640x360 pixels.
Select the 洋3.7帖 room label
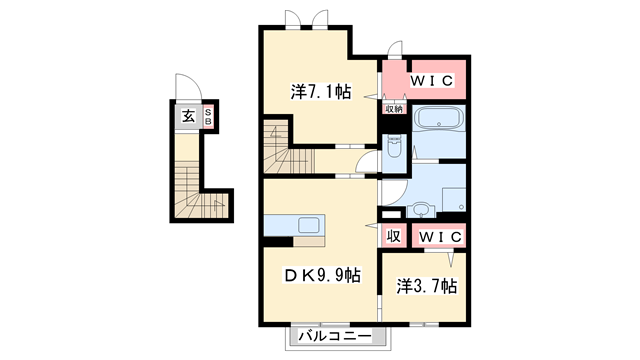coord(425,286)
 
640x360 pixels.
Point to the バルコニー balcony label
coord(335,336)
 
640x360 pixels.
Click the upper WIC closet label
coord(432,79)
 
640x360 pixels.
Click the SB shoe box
coord(207,116)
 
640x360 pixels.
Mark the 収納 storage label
coord(393,110)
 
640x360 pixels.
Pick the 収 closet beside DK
coord(394,236)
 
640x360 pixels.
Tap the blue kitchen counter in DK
coord(292,224)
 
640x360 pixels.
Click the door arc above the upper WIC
coord(394,52)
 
